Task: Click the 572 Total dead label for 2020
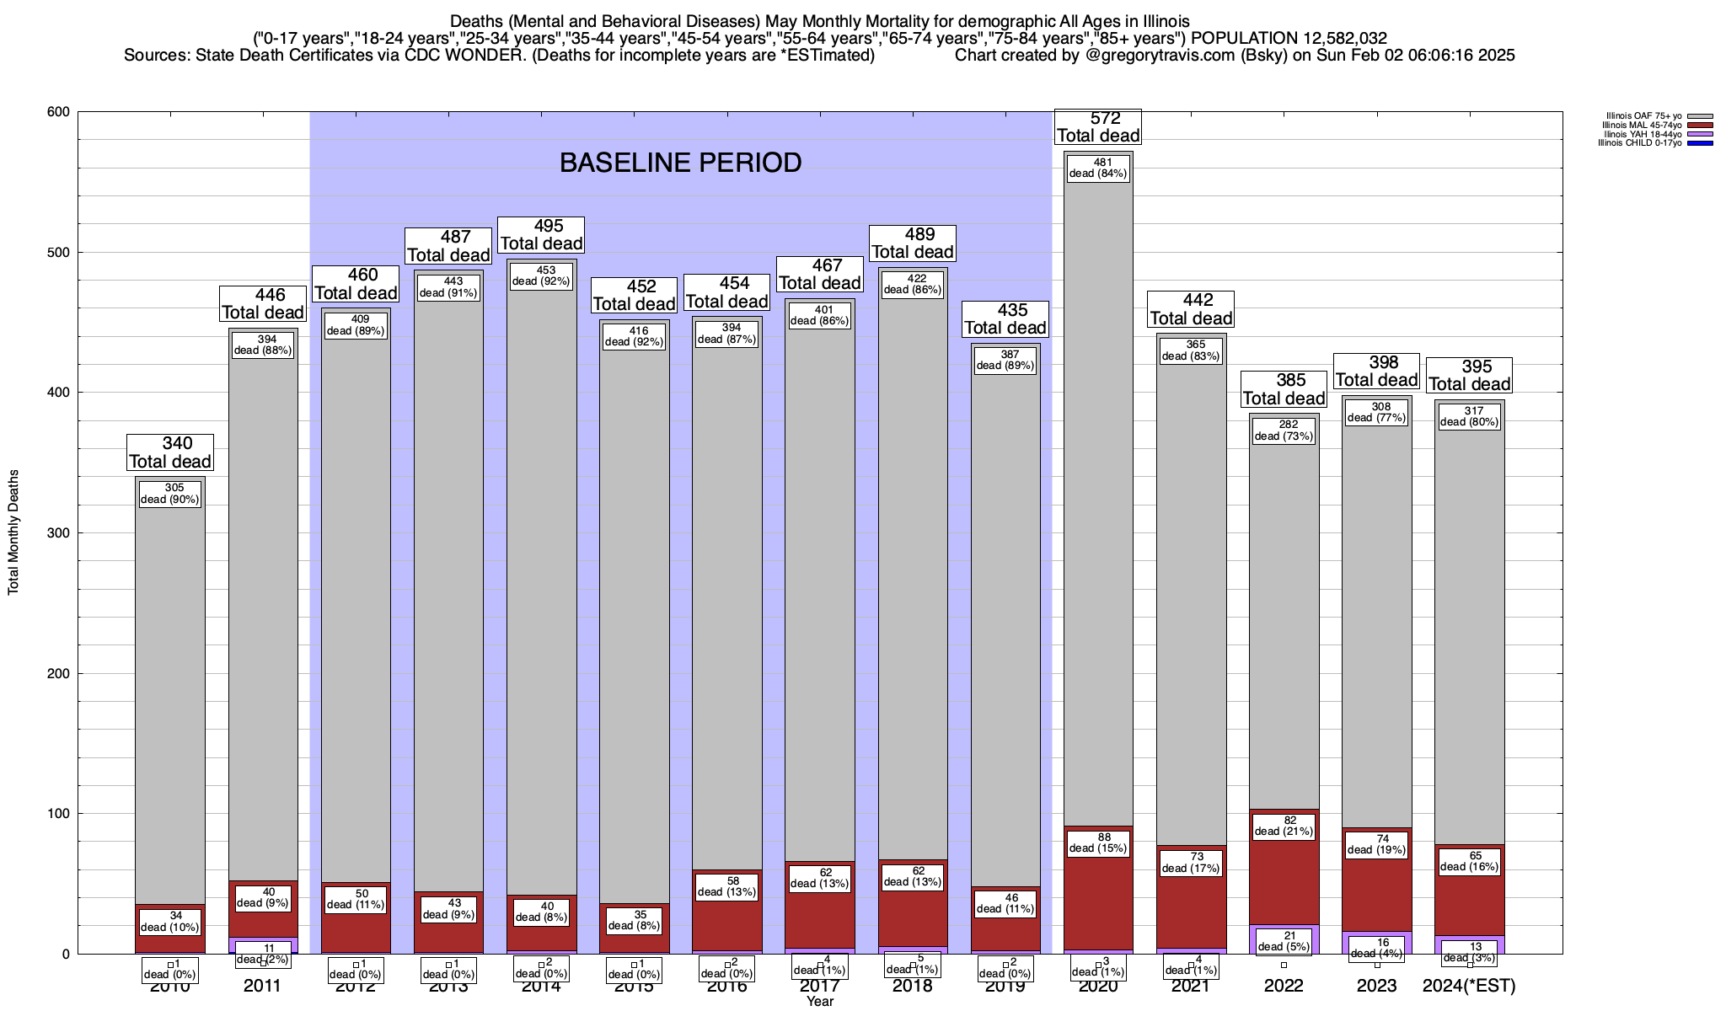(1098, 127)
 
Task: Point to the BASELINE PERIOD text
(680, 163)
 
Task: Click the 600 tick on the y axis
(60, 112)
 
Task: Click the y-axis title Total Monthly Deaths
(13, 532)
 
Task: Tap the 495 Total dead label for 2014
(542, 235)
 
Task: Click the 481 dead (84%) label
(1097, 168)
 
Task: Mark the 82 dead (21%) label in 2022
(1284, 826)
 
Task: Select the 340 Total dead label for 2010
(170, 452)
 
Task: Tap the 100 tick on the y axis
(60, 814)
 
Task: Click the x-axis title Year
(819, 1002)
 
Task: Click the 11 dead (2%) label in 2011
(263, 954)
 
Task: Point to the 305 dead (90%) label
(170, 494)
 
